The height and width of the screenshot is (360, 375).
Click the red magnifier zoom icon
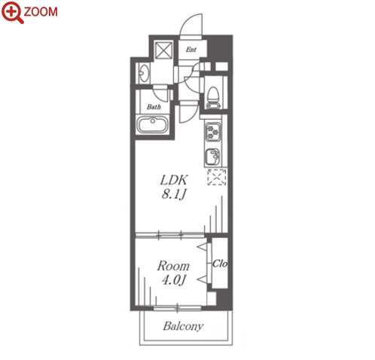coord(13,12)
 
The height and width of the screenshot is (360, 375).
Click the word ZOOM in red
coord(41,12)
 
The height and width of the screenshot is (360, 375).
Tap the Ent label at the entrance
coord(191,50)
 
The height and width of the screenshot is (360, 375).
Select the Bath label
coord(154,107)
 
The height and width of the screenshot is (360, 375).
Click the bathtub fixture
coord(153,125)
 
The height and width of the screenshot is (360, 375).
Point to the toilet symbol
coord(214,97)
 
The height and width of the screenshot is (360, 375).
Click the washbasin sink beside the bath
coord(144,73)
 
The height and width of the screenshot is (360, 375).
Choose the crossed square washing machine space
coord(163,50)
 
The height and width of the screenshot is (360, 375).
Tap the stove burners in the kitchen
coord(213,132)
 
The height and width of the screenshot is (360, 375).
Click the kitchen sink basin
coord(213,157)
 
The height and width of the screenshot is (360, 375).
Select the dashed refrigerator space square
coord(217,177)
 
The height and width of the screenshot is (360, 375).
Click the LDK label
coord(174,180)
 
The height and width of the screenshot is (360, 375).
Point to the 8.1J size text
coord(174,194)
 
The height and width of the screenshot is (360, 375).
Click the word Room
coord(173,266)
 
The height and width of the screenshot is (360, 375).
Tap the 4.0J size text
coord(174,280)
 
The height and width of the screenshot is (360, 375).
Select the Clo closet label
coord(220,264)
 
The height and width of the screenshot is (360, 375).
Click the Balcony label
coord(183,326)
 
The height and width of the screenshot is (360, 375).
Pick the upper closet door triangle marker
coord(203,247)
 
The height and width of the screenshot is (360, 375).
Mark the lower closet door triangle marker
coord(203,279)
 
